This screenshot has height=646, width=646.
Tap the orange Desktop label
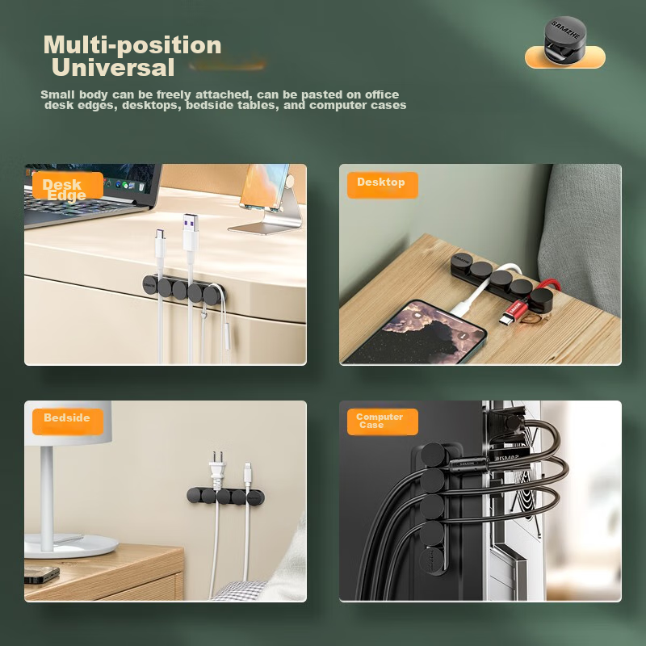point(382,184)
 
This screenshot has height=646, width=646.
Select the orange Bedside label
point(67,420)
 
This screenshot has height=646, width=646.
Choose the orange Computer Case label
point(381,422)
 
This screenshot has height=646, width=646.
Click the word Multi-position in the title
point(132,45)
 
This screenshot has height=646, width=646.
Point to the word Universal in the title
point(113,68)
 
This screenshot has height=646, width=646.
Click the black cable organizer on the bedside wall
point(226,495)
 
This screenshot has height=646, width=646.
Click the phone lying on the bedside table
point(40,574)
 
